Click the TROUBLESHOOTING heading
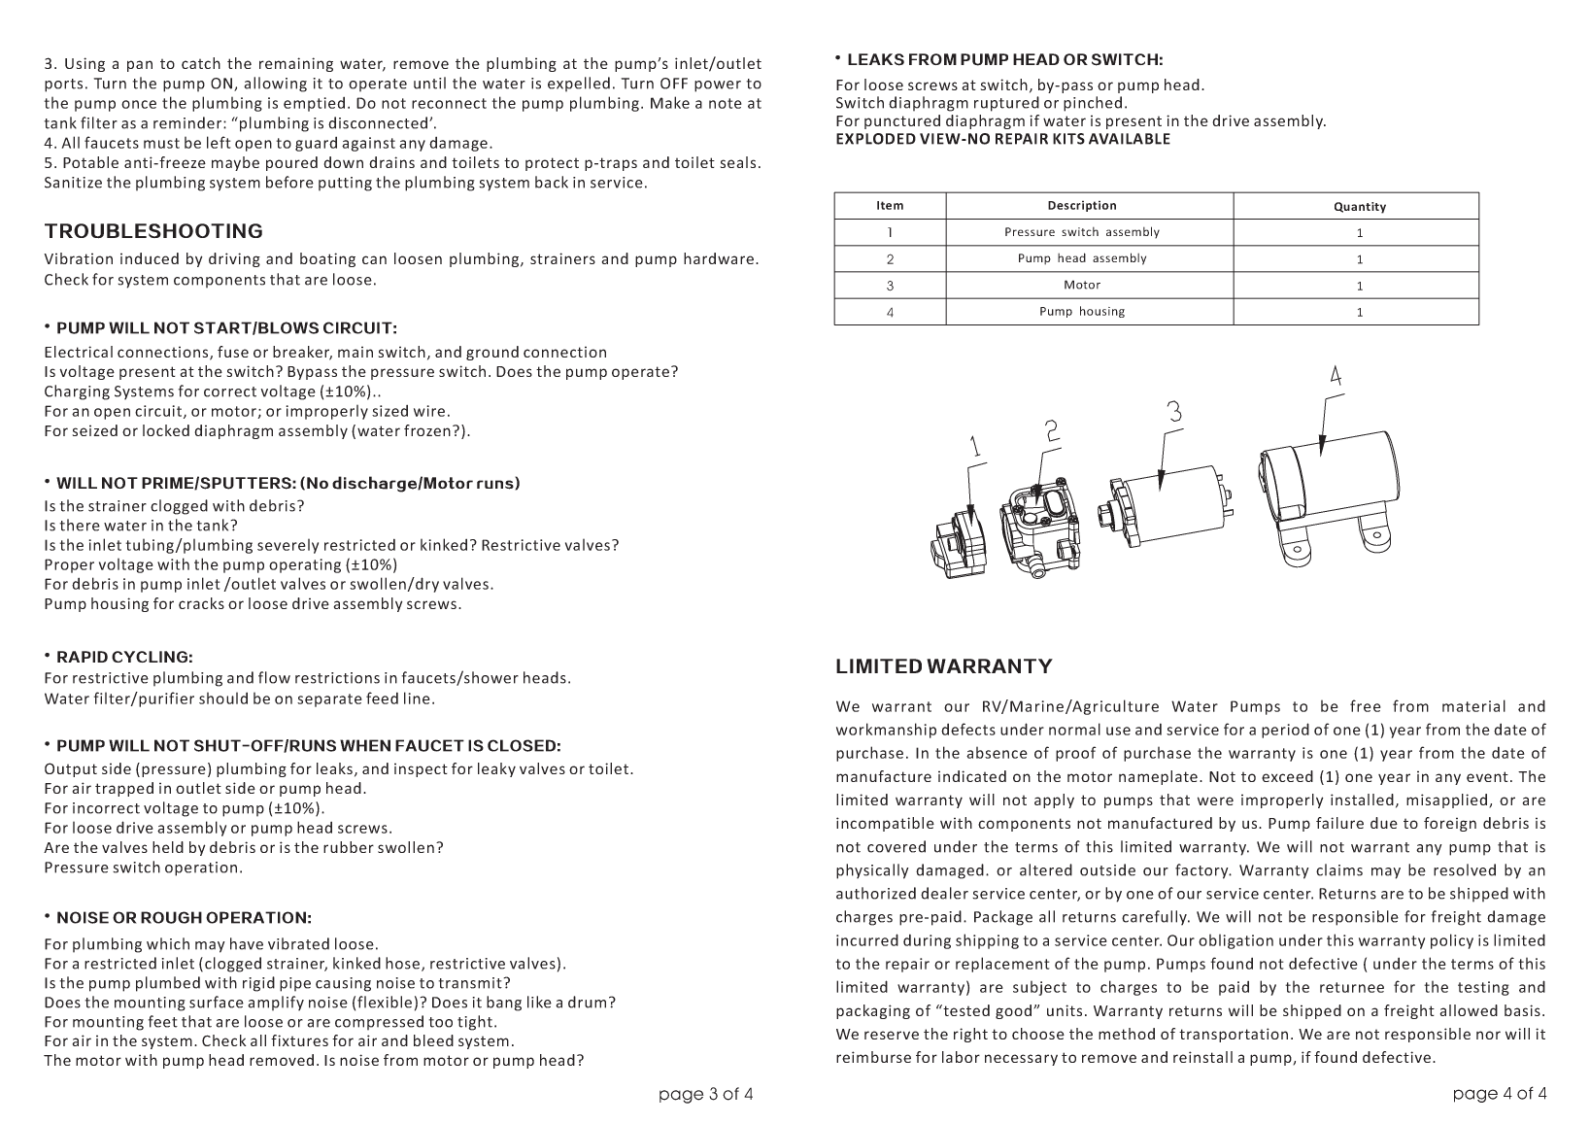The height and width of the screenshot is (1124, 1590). click(153, 231)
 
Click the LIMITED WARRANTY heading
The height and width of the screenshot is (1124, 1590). click(943, 666)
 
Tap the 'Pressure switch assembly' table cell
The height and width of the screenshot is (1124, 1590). click(1081, 232)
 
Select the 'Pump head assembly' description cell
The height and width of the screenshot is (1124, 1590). click(1081, 258)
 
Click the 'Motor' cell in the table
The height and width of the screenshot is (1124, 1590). click(1081, 285)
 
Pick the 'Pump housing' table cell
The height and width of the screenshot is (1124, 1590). click(1081, 311)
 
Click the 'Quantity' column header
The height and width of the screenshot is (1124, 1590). click(1359, 206)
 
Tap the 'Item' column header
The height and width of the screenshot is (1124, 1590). click(889, 205)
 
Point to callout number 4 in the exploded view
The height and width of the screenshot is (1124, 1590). click(1336, 375)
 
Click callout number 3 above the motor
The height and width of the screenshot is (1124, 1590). click(1174, 412)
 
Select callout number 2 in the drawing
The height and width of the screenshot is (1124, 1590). click(1052, 431)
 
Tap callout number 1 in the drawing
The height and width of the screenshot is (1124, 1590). click(975, 446)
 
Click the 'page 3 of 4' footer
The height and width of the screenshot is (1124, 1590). click(705, 1094)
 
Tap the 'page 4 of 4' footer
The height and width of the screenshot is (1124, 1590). click(1499, 1094)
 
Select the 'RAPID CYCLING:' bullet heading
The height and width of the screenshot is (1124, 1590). click(124, 657)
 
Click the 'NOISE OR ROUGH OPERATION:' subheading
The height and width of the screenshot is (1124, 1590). click(184, 917)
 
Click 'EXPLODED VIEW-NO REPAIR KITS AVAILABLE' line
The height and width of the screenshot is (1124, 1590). click(1002, 139)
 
